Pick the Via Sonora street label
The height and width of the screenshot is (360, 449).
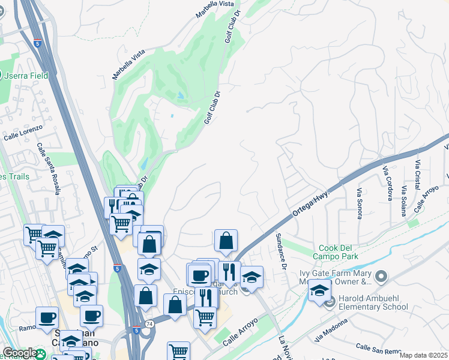point(360,203)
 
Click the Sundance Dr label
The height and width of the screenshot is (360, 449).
point(279,252)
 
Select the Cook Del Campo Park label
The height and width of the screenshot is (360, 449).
point(339,252)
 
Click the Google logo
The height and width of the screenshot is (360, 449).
point(19,353)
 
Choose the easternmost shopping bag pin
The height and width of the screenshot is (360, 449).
point(226,241)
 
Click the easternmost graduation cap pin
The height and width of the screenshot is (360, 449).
point(319,290)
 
